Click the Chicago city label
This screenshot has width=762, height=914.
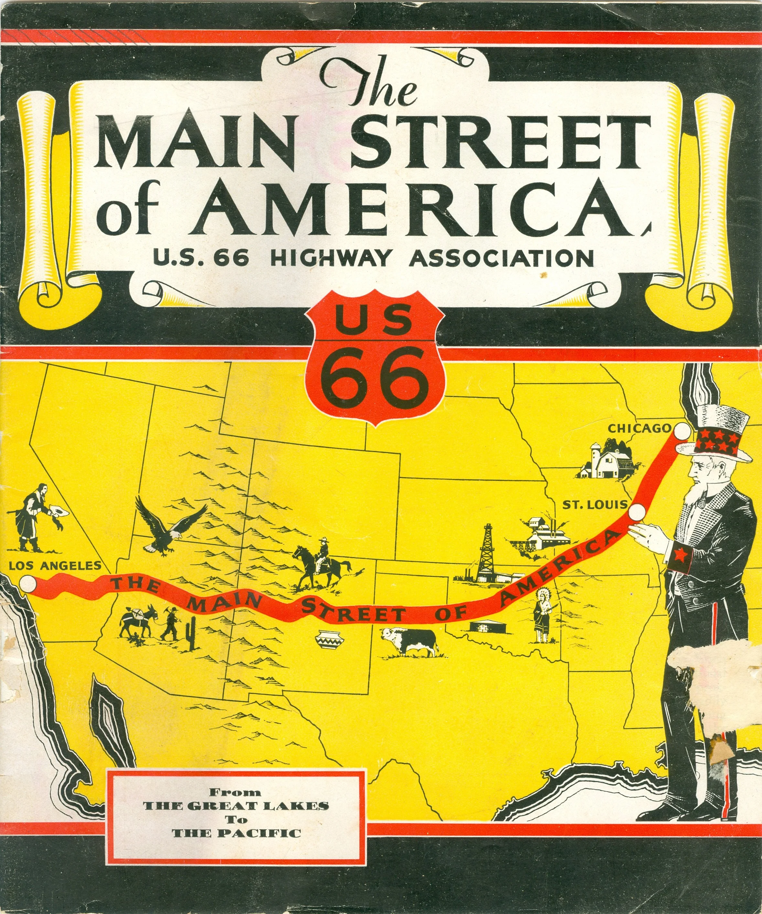639,428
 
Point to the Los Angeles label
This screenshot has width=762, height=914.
55,566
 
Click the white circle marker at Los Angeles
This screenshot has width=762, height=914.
28,583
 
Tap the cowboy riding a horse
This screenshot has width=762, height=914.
321,562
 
